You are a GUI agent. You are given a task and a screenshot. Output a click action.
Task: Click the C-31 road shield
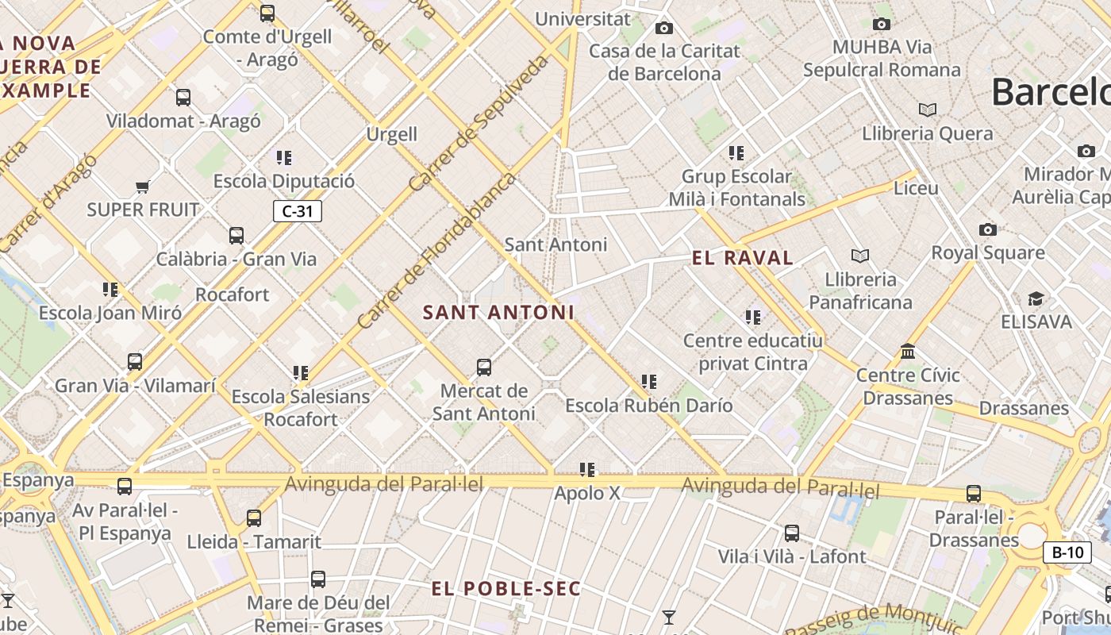298,211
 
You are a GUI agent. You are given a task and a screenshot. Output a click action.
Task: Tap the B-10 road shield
1067,552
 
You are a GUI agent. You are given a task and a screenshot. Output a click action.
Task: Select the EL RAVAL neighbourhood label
742,258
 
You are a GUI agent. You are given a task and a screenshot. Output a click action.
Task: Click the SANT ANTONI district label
498,313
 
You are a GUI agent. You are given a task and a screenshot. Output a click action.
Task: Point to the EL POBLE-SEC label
506,589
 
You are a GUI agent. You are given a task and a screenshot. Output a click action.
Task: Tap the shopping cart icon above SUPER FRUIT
142,187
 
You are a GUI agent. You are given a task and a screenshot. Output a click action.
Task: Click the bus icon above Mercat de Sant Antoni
484,368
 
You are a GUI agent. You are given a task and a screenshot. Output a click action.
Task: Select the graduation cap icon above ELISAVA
1036,299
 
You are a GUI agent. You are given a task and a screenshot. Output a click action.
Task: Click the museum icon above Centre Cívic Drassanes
908,351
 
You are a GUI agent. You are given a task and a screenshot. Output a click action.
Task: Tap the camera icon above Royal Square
987,230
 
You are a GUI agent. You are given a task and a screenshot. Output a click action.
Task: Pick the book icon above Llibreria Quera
927,110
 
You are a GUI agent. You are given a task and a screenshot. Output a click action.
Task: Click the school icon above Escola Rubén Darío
649,382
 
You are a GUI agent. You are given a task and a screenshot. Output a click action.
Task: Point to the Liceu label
916,189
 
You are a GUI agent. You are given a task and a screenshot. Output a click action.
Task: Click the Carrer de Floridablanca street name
436,251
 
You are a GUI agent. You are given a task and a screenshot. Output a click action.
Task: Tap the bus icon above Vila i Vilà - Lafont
791,533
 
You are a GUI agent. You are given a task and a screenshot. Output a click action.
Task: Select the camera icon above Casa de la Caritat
664,29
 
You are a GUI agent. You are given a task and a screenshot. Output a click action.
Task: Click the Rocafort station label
233,294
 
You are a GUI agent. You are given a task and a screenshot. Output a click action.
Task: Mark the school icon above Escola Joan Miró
110,290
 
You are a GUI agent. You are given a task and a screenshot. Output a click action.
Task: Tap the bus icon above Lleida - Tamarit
254,518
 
